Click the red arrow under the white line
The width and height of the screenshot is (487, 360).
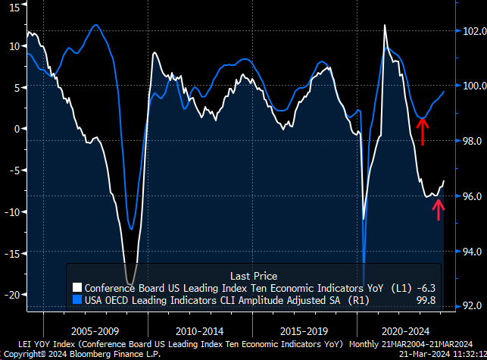[x=438, y=207]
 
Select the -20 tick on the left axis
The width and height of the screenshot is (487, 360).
[x=11, y=294]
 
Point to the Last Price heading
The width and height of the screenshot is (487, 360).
[x=253, y=276]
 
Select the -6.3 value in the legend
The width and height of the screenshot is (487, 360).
[x=429, y=288]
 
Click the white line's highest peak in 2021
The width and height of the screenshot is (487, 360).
[x=385, y=25]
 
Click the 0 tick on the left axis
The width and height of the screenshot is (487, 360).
[x=17, y=129]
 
